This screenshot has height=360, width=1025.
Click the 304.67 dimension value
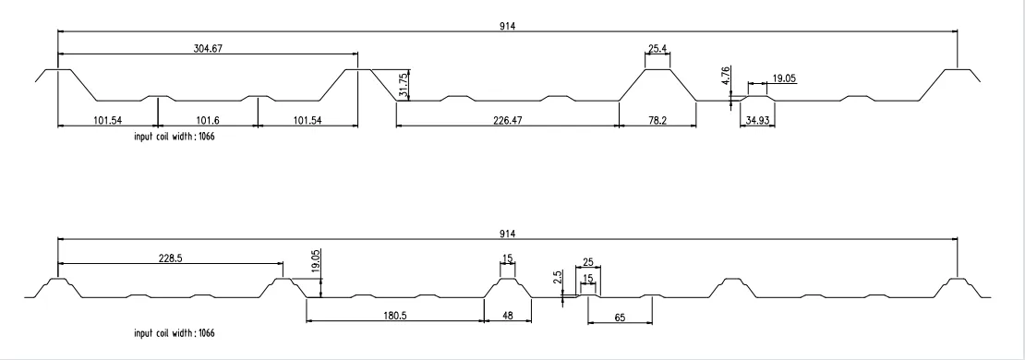208,48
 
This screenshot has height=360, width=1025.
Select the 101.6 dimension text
208,120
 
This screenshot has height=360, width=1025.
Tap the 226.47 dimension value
506,120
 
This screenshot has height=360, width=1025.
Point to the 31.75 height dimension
404,84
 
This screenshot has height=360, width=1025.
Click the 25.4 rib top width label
657,48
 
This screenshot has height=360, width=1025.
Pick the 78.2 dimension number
657,120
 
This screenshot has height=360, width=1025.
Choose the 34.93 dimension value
757,120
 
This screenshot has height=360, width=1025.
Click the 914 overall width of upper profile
508,26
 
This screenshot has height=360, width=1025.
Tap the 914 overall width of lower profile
508,234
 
